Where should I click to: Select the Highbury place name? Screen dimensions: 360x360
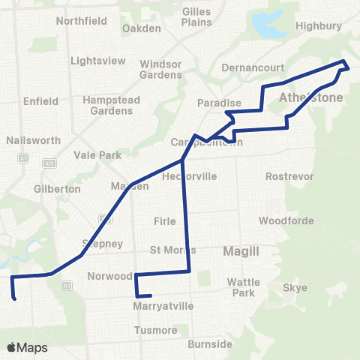[x=319, y=25]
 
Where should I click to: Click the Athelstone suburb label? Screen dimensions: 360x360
[x=310, y=98]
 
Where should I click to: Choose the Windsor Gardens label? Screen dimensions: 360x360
[x=161, y=70]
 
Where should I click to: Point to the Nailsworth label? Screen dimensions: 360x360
[x=28, y=140]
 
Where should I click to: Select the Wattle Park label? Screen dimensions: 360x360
[x=243, y=287]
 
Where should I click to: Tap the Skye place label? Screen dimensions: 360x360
[x=291, y=288]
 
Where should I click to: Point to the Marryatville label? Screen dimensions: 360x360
[x=163, y=306]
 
